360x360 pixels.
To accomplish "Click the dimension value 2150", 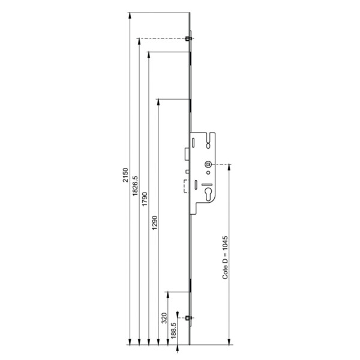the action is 125,175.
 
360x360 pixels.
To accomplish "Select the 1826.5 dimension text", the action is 135,186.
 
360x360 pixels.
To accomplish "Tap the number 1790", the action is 145,199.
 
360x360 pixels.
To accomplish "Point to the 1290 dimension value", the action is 155,223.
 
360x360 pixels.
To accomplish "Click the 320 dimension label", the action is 164,318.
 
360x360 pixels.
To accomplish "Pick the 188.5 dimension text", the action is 173,331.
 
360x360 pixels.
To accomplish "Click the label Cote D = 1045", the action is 225,257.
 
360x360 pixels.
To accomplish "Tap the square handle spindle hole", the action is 208,164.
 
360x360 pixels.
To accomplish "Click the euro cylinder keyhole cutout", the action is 208,194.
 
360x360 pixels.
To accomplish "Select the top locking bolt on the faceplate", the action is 188,38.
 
